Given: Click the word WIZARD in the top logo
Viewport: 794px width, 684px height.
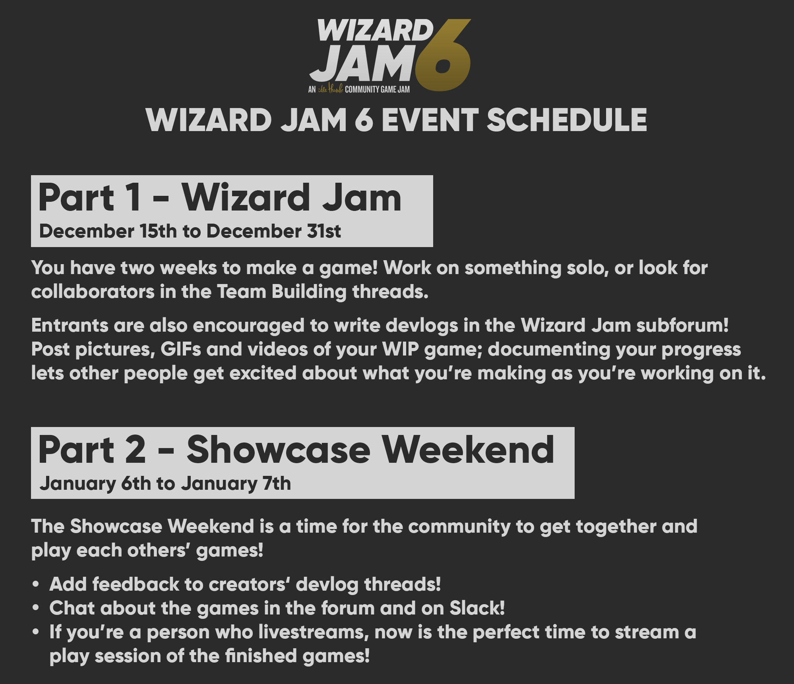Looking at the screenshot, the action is (x=376, y=31).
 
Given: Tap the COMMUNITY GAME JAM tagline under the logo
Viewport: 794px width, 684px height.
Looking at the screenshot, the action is (x=377, y=89).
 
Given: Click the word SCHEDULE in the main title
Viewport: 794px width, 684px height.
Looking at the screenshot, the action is (x=567, y=120).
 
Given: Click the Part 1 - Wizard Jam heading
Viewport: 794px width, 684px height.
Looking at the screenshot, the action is (x=220, y=197).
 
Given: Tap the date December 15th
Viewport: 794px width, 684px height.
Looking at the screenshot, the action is (x=108, y=231).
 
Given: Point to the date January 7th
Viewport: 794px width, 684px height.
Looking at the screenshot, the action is (x=236, y=483).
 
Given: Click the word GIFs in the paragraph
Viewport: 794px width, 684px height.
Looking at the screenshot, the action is (x=181, y=350).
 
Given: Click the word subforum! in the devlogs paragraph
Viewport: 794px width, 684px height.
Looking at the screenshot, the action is (x=682, y=325).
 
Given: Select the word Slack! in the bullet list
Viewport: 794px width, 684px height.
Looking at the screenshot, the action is (x=477, y=608).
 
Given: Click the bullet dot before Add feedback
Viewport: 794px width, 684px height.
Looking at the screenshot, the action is (x=36, y=585).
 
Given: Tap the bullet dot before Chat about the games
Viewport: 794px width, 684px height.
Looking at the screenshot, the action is (x=36, y=609).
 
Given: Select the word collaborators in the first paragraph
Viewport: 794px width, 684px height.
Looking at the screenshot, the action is (x=93, y=292).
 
